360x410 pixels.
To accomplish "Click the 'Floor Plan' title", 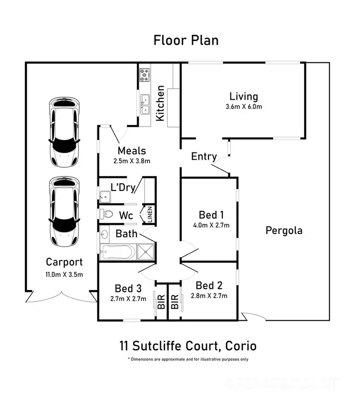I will tap(186, 40).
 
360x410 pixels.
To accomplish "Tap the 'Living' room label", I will tap(243, 96).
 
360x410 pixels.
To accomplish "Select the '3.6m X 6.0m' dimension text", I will tap(243, 107).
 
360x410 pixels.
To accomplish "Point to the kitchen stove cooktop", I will tap(144, 74).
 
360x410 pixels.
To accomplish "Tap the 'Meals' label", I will tap(132, 151).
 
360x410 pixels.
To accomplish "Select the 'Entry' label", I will tap(204, 156).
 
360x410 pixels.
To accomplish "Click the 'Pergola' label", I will tap(284, 230).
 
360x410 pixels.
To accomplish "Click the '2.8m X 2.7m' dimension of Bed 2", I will tap(209, 296).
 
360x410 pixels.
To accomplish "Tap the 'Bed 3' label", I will tap(128, 288).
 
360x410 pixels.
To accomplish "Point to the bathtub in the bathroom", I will tap(118, 250).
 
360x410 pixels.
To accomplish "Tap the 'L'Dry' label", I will tap(123, 187).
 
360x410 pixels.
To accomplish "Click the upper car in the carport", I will tap(64, 130).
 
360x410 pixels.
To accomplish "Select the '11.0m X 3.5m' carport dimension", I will tap(64, 275).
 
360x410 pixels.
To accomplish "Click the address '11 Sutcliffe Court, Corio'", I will tap(188, 345).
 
